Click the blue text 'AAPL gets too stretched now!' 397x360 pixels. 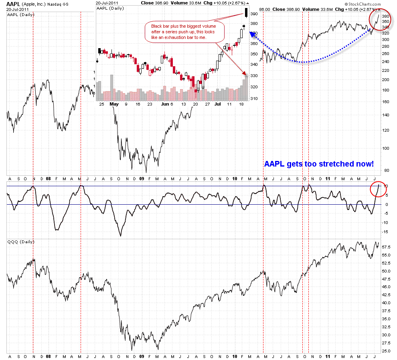[x=319, y=164]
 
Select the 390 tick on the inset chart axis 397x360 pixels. [x=253, y=14]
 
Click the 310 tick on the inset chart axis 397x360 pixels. [x=253, y=98]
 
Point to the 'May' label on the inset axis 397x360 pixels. [x=114, y=104]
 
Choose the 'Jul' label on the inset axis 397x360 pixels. [x=217, y=104]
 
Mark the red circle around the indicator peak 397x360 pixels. [x=379, y=189]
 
